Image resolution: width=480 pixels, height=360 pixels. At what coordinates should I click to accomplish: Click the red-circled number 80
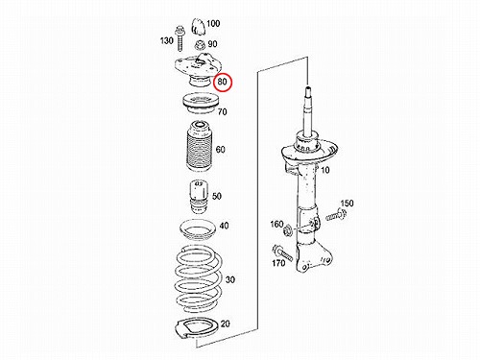(222, 82)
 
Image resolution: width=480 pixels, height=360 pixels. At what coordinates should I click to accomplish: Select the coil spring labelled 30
(199, 279)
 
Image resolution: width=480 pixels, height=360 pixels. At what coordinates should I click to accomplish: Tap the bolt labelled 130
(179, 39)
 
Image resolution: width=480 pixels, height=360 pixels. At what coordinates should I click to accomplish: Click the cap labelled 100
(198, 27)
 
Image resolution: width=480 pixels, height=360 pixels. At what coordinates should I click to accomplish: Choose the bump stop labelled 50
(199, 198)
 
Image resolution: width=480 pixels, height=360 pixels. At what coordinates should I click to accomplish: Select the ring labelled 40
(197, 230)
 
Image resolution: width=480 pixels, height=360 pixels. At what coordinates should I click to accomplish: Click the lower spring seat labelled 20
(197, 330)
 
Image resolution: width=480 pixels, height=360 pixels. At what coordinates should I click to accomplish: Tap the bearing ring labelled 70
(201, 104)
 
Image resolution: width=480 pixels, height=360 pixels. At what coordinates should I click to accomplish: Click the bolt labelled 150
(336, 215)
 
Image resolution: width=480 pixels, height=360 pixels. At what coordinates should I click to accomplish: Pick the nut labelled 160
(287, 229)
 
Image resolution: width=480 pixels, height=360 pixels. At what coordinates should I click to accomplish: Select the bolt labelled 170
(282, 252)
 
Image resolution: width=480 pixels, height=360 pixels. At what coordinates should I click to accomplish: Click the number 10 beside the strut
(324, 170)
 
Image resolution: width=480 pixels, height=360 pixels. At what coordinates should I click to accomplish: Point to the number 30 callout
(230, 279)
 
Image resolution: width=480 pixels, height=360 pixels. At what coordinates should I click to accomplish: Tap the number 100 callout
(213, 24)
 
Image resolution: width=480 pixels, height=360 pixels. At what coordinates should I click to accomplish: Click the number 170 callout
(278, 263)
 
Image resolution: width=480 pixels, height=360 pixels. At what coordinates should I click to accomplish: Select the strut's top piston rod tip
(308, 87)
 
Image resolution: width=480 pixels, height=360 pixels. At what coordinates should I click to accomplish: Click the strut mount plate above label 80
(196, 65)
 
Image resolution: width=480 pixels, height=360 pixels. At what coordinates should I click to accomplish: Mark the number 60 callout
(220, 150)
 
